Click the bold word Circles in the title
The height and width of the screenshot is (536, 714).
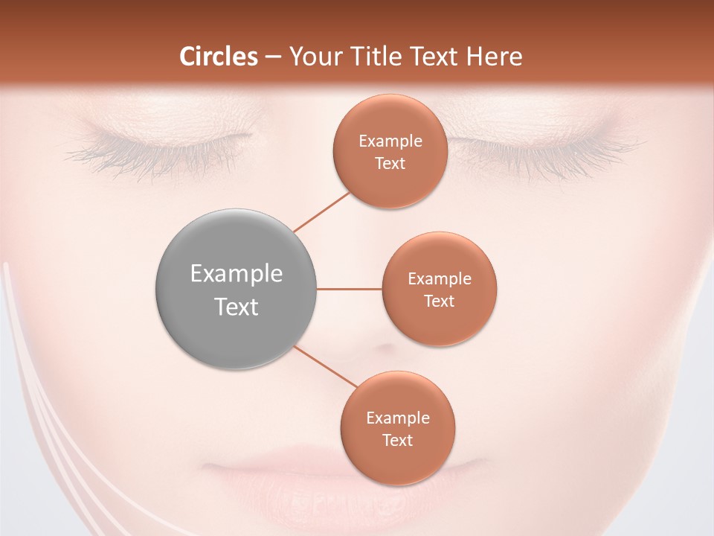coord(219,57)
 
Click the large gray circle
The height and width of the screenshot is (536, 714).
coord(237,289)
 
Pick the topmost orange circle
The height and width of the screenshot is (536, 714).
coord(390,151)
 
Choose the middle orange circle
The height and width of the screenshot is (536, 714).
coord(440,289)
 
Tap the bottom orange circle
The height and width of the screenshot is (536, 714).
coord(398,428)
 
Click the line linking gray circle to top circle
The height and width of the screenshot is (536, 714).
coord(321,211)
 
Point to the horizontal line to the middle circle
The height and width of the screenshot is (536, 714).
coord(350,289)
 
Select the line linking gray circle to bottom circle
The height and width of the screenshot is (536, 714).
coord(326,367)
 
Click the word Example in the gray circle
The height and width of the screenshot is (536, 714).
coord(237,274)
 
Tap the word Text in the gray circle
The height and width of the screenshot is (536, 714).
coord(237,307)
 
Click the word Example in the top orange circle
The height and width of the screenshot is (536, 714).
coord(390,141)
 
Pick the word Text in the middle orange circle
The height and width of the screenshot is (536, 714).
coord(440,301)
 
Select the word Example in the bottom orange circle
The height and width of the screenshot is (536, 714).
coord(398,418)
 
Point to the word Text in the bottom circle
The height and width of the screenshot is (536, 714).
coord(398,440)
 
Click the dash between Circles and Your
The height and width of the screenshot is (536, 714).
coord(273,57)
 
